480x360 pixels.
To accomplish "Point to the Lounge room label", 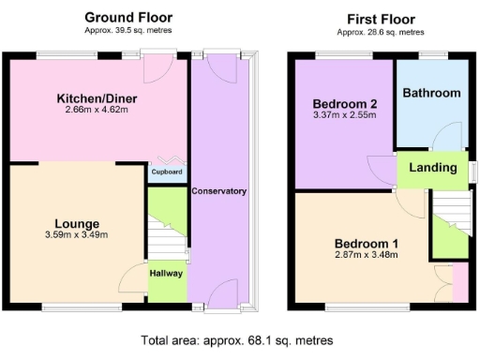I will click(x=77, y=223).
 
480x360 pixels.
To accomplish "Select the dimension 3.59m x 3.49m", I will click(x=77, y=234).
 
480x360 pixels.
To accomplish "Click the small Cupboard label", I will click(x=166, y=172).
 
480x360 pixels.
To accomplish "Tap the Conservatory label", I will click(x=218, y=191).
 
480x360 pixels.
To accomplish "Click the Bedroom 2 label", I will click(x=344, y=103).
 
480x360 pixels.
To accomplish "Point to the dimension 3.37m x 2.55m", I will click(x=344, y=115).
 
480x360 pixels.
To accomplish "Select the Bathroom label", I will click(x=431, y=93).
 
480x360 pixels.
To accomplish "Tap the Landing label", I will click(x=433, y=168).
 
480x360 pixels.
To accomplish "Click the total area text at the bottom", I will click(x=236, y=340).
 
